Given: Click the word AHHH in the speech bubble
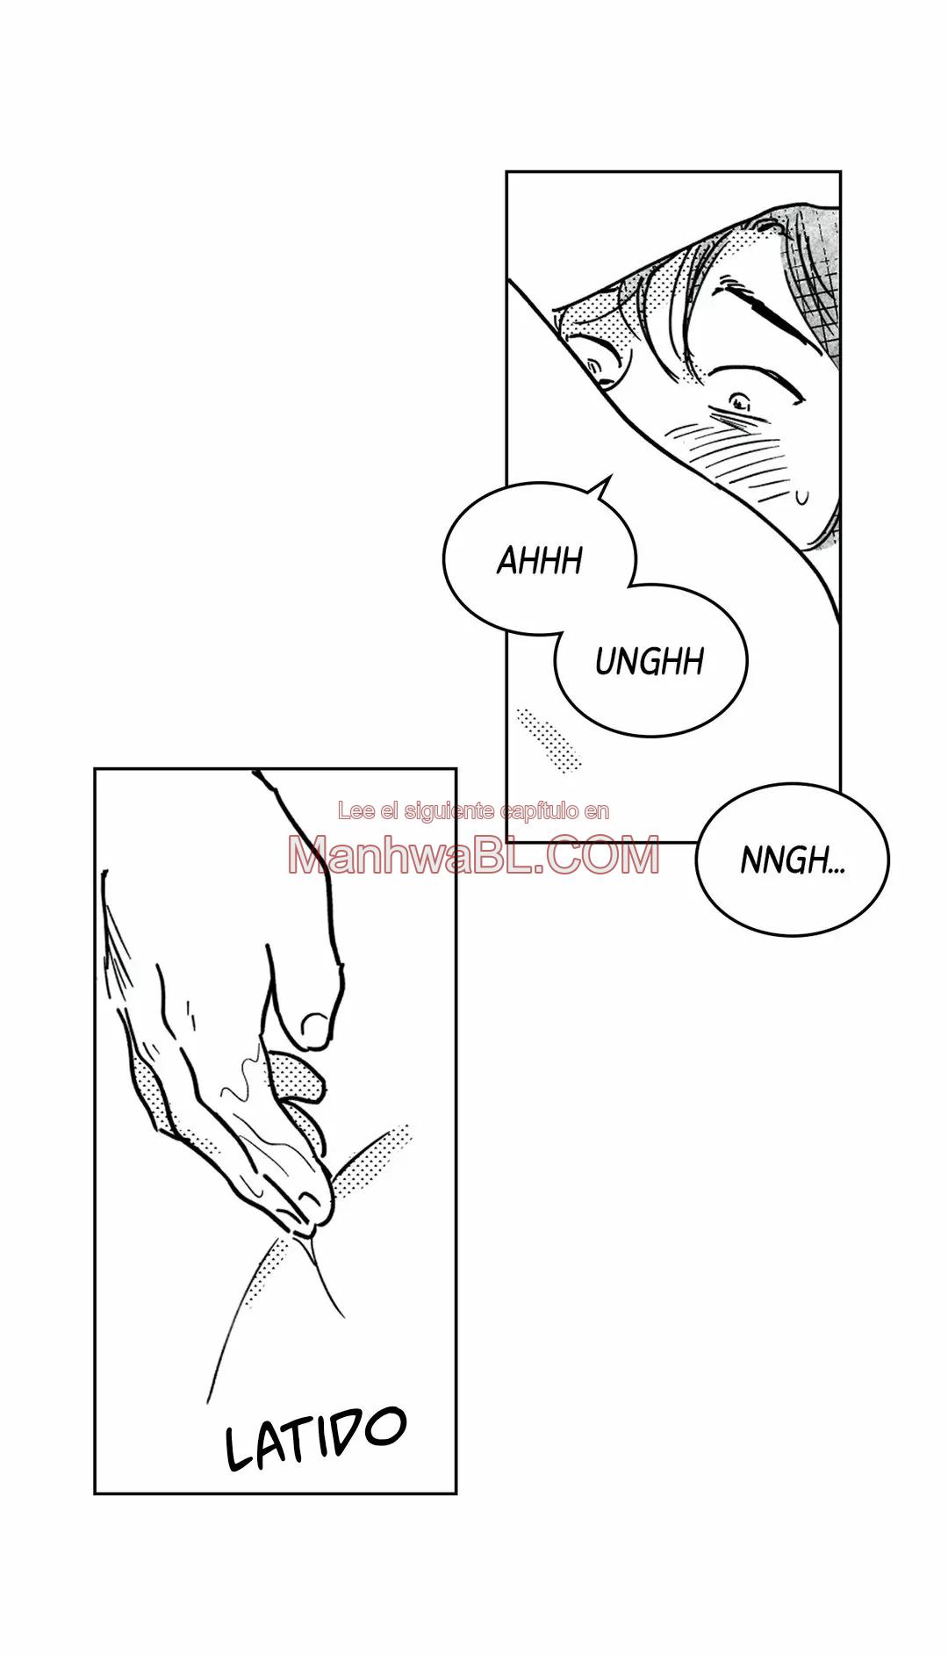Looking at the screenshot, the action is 540,559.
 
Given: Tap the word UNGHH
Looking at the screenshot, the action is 650,661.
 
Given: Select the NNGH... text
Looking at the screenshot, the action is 793,861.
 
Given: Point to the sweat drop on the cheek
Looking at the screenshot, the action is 801,498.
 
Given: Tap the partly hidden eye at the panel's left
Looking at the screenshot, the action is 602,368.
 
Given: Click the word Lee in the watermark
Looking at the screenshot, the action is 352,811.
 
